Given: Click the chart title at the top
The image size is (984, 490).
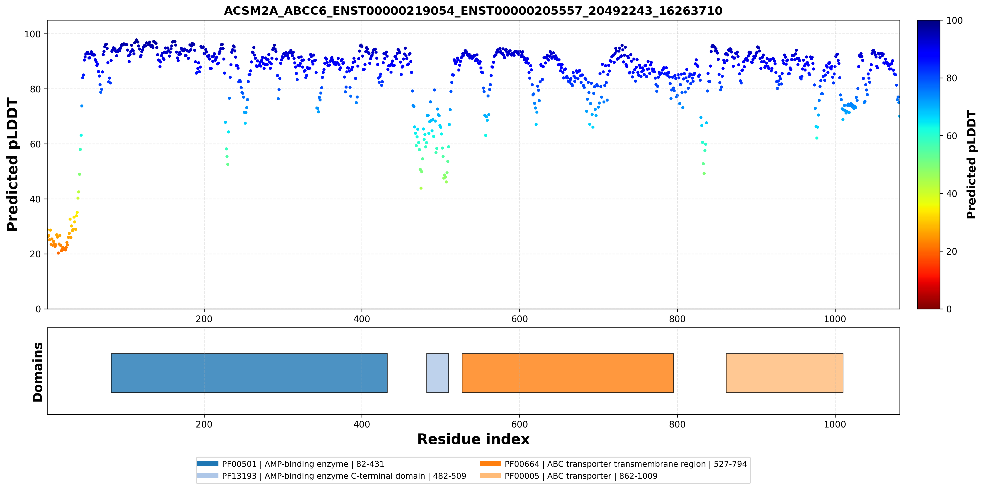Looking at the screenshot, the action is tap(473, 11).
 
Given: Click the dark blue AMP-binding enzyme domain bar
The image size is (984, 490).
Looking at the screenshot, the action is tap(249, 373).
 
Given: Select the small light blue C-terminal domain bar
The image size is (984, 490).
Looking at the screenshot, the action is tap(437, 373).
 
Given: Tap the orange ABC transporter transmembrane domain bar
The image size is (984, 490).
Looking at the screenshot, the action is tap(568, 373).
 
